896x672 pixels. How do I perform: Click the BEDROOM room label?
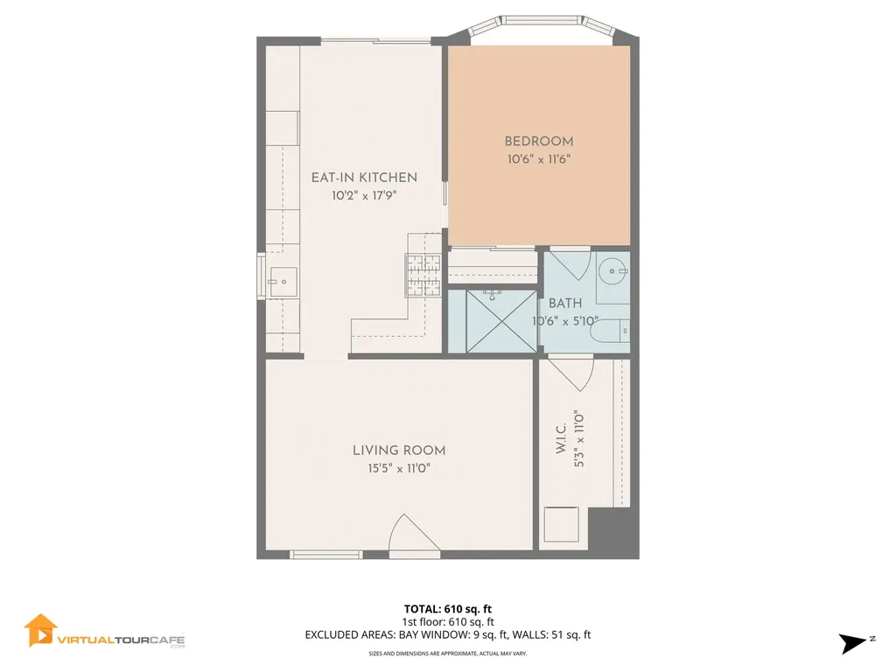[538, 141]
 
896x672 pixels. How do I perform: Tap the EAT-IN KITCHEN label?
[364, 178]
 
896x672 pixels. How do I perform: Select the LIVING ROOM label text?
[399, 451]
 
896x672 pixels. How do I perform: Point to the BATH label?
[565, 304]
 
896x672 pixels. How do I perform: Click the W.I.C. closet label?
[561, 435]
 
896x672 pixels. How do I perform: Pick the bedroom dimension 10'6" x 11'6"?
[538, 159]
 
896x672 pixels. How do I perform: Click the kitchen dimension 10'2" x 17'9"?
[364, 196]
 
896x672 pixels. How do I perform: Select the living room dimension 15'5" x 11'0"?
[399, 469]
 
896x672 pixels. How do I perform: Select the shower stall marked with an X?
[492, 320]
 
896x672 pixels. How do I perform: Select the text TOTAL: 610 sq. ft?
[453, 609]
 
